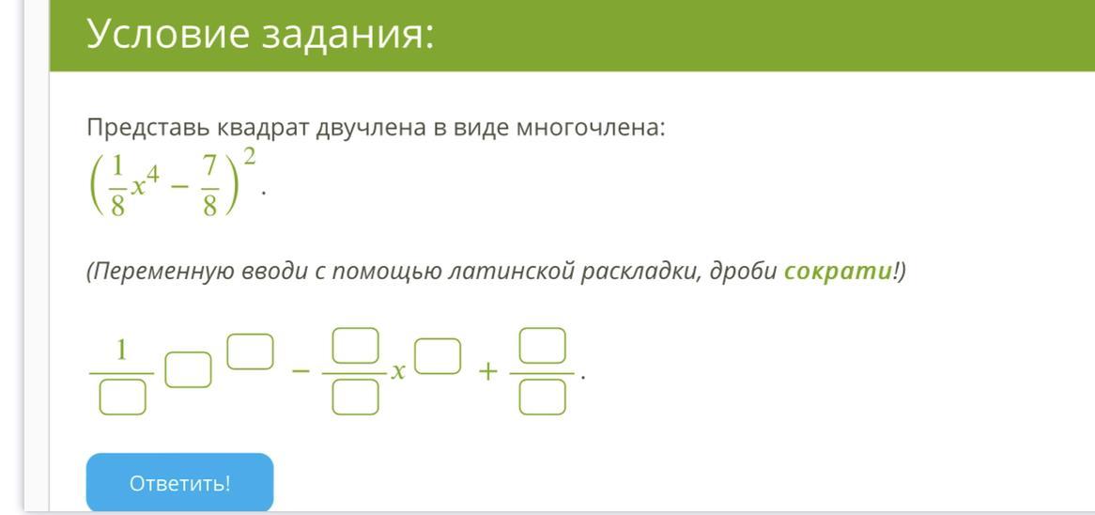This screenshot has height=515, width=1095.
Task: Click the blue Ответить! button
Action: coord(179,483)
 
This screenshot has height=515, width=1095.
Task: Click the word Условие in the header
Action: coord(167,34)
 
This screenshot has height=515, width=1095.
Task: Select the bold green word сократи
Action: coord(838,271)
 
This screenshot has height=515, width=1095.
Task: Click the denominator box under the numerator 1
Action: coord(122,398)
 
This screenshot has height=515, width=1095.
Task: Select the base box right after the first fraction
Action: coord(188,370)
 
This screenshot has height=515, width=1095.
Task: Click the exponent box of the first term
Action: coord(250,351)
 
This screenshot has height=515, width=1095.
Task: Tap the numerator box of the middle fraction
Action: coord(355,345)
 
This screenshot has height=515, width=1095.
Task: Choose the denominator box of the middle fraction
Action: coord(355,398)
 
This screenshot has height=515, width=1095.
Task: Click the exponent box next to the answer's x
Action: coord(438,355)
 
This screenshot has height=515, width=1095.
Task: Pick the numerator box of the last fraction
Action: coord(542,345)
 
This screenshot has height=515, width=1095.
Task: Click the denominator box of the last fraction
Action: coord(542,398)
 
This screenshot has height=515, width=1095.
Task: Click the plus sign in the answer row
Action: coord(487,372)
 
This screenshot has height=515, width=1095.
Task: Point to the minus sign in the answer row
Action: coord(301,372)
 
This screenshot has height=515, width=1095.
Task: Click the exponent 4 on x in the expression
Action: coord(152,176)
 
